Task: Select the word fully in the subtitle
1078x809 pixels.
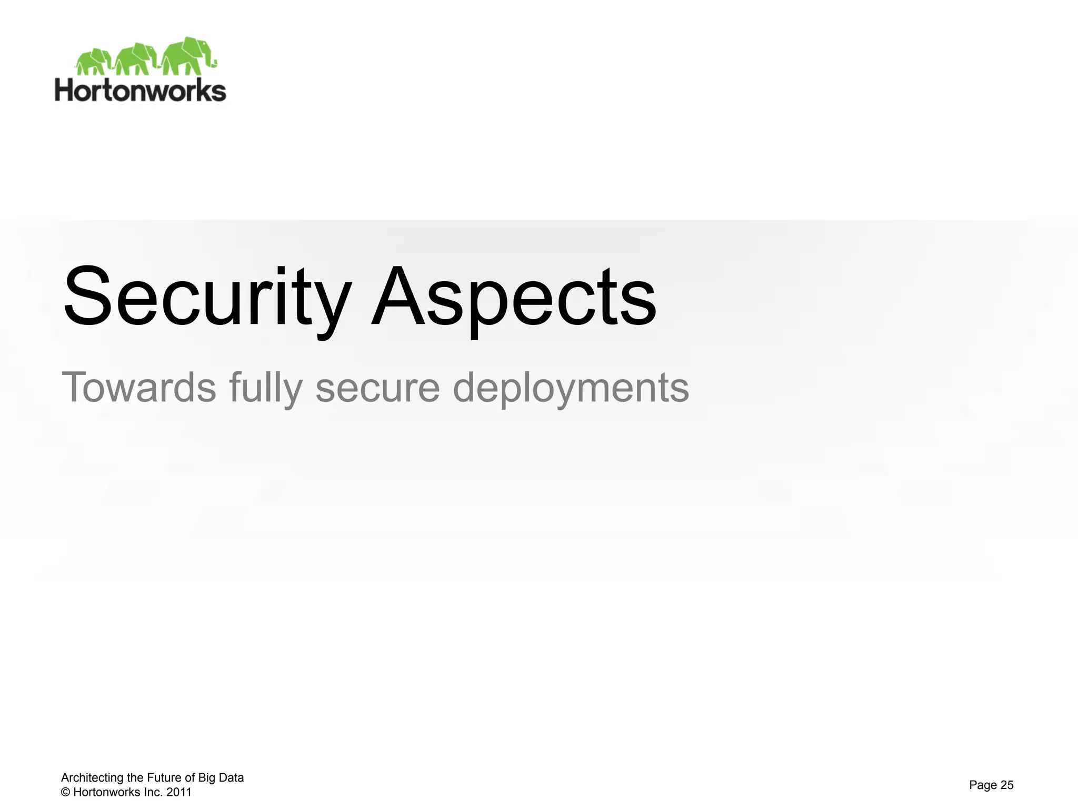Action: click(x=266, y=388)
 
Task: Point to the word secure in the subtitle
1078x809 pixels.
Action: click(x=377, y=387)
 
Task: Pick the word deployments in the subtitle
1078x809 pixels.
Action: click(x=571, y=388)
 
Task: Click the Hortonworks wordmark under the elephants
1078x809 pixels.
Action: click(x=141, y=91)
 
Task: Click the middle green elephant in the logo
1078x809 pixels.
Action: click(x=136, y=58)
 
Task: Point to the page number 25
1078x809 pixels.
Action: click(x=1006, y=785)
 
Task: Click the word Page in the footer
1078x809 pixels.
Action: click(x=982, y=785)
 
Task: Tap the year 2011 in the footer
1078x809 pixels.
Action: click(x=179, y=792)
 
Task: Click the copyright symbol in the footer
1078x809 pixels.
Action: click(x=66, y=792)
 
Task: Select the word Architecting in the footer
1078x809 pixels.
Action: click(x=93, y=778)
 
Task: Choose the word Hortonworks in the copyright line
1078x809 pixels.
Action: click(x=107, y=792)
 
